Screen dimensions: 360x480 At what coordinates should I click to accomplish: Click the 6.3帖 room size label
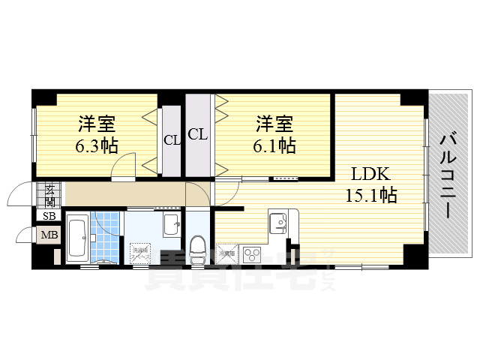pos(96,145)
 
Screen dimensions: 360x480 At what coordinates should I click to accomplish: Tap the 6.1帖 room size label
pos(274,145)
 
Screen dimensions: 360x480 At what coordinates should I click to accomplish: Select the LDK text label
pos(370,174)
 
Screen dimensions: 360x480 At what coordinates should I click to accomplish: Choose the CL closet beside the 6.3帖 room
pos(172,140)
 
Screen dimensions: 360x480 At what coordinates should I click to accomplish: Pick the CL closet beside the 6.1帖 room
pos(197,134)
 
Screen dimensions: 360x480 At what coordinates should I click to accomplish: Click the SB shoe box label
pos(49,217)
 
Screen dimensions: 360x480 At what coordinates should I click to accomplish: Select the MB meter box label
pos(49,235)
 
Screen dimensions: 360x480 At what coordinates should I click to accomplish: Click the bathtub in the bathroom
pos(77,238)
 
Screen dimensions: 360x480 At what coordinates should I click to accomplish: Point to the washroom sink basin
pos(171,223)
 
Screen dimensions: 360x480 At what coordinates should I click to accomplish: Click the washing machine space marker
pos(141,252)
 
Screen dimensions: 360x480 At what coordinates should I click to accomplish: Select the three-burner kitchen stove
pos(250,253)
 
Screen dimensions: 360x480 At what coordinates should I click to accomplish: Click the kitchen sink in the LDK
pos(277,222)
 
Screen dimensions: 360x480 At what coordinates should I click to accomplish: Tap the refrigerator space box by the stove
pos(226,253)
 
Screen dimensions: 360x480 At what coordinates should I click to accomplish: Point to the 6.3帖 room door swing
pos(124,166)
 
